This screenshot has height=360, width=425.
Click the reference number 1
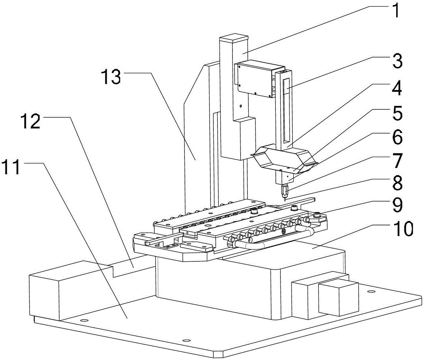tap(395, 10)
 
